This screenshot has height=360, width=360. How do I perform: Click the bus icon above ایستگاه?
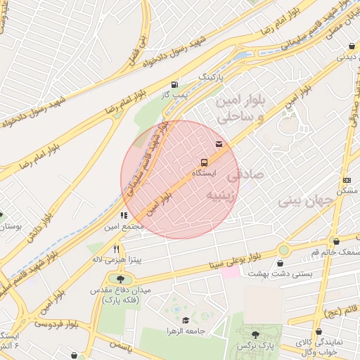coord(204,160)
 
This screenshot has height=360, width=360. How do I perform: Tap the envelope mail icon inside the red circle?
coord(220,144)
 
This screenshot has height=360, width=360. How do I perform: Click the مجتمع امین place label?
coord(124,226)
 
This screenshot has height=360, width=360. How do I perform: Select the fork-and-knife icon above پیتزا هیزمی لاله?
coord(116,249)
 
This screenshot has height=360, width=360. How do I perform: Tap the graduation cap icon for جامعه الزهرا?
coord(186,321)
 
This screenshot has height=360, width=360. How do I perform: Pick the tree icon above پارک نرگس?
coord(255,335)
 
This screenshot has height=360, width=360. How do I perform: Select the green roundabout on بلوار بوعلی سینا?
coord(283,250)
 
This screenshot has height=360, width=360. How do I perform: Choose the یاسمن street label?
coord(120,346)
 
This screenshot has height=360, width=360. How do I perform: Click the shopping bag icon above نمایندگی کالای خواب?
coord(320,331)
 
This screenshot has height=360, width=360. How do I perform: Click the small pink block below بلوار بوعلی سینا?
coord(231,272)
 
